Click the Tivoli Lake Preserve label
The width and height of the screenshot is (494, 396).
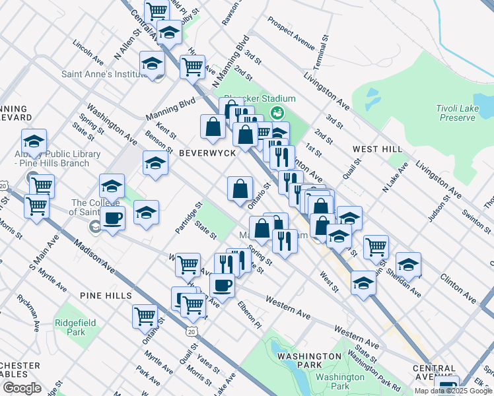pos(456,113)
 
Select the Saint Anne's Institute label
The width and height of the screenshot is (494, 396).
pos(103,74)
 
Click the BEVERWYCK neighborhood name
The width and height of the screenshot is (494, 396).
pos(207,152)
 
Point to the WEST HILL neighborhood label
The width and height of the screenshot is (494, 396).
pos(378,149)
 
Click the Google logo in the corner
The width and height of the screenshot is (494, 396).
pos(22,388)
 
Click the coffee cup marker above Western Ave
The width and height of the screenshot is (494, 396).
pos(222,285)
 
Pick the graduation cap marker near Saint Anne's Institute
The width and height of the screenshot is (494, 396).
pos(152,64)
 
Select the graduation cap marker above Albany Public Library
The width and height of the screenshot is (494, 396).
pos(34,141)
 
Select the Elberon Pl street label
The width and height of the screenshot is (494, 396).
pos(249,316)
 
